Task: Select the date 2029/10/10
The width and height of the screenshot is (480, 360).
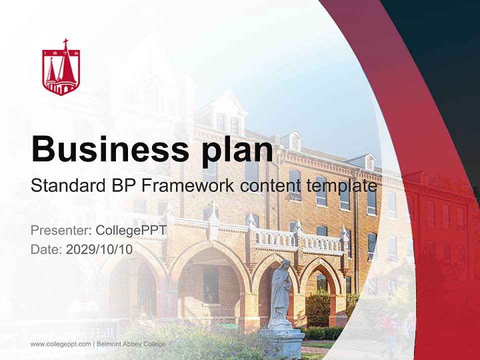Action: (99, 249)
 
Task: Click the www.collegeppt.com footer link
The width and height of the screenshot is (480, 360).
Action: (60, 344)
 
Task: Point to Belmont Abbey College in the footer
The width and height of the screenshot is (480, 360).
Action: (131, 344)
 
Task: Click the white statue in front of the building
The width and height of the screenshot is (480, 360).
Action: (281, 292)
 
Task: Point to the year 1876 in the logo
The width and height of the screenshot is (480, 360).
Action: (61, 52)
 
